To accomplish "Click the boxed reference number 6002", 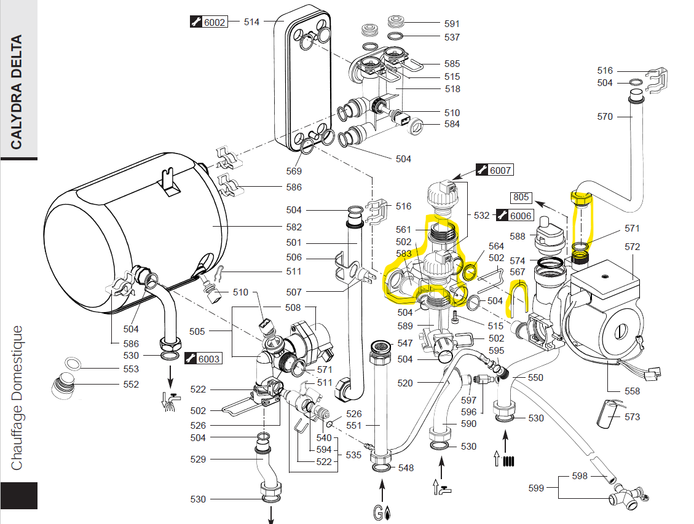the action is coord(209,22).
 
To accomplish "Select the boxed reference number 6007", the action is coord(495,170).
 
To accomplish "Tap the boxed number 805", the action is coord(521,197).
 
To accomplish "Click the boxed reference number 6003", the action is coord(203,358).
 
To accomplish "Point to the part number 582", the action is coord(294,227).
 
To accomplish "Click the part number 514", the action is coord(251,22).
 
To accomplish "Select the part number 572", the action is coord(632,246).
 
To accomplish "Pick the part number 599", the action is coord(536,488).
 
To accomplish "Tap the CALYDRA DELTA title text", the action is coord(17,92).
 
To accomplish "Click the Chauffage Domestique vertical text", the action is coord(17,398).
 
